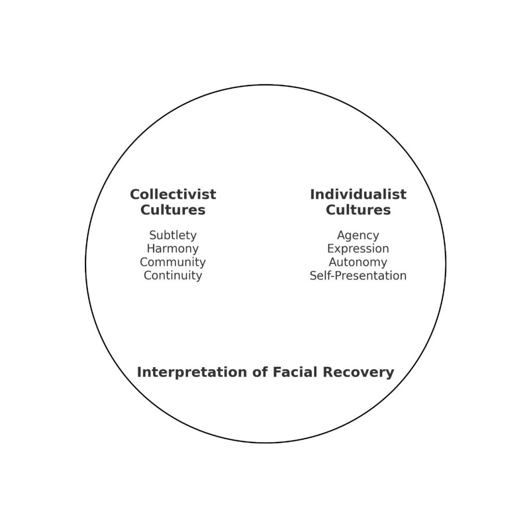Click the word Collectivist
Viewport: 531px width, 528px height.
point(173,194)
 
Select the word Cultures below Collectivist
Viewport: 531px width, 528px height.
point(173,210)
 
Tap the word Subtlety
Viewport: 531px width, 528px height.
point(173,235)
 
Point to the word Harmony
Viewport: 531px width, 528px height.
point(173,249)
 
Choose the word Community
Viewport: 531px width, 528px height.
point(173,262)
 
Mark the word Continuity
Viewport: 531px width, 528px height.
point(173,275)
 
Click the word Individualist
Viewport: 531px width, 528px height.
point(358,194)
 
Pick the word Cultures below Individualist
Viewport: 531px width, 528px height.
point(358,210)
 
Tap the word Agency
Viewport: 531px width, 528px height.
point(358,235)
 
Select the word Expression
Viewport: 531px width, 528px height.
point(358,249)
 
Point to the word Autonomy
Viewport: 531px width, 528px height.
point(358,262)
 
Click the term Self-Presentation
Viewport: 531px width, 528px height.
point(358,275)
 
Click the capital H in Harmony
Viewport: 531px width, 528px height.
point(150,249)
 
